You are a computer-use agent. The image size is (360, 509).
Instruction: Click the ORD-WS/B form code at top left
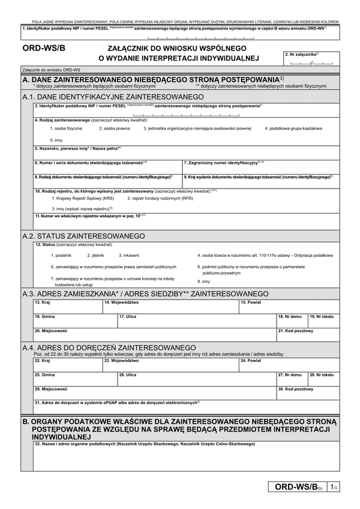point(43,50)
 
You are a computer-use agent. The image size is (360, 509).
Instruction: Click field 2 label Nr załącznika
point(302,54)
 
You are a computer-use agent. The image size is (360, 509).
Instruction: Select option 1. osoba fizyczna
point(68,128)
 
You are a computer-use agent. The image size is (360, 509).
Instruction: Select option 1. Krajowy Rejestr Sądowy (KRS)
point(83,197)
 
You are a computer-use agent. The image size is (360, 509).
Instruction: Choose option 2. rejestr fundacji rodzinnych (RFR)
point(160,197)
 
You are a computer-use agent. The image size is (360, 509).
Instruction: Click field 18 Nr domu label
point(290,316)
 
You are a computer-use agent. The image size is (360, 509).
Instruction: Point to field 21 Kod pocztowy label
point(295,330)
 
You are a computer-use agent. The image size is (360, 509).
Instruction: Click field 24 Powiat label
point(251,361)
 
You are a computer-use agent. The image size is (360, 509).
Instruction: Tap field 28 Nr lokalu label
point(320,375)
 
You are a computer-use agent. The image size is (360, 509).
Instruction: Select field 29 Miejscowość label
point(50,389)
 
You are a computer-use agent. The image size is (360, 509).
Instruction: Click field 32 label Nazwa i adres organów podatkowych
point(144,444)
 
